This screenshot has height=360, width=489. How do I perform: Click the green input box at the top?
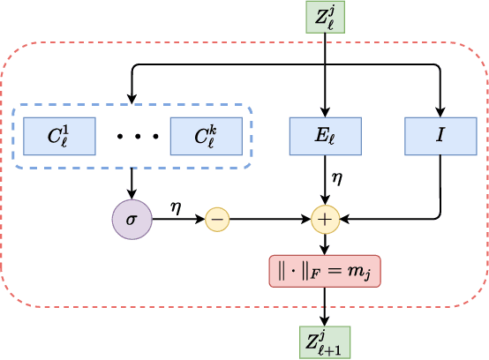point(325,18)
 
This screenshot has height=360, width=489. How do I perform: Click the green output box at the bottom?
point(325,341)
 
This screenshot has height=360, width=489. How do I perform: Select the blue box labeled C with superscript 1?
point(59,136)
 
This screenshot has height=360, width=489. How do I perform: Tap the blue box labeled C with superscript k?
point(207,136)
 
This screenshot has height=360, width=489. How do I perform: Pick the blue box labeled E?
point(325,136)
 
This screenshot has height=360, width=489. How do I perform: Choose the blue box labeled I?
point(440,136)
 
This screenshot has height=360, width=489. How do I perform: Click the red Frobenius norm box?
point(325,271)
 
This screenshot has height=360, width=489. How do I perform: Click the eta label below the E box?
point(336,178)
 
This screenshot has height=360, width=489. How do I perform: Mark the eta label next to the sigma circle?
point(176,206)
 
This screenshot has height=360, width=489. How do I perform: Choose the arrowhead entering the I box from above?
point(440,111)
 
